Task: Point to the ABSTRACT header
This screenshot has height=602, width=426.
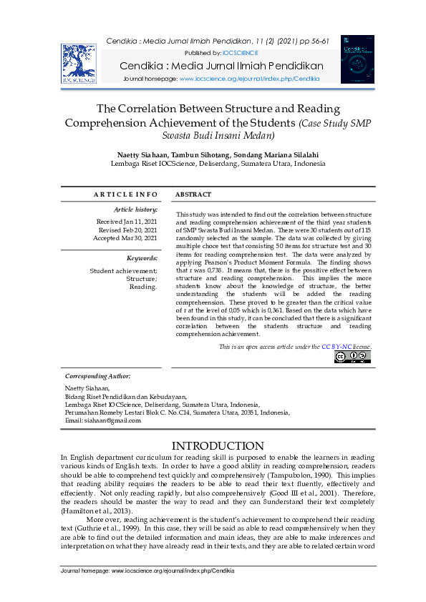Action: (x=193, y=194)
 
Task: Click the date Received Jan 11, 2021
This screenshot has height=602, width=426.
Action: (x=127, y=222)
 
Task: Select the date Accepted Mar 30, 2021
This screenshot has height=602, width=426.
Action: (x=125, y=239)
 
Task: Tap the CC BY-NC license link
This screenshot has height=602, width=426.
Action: (x=337, y=347)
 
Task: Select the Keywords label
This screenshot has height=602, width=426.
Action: (x=142, y=257)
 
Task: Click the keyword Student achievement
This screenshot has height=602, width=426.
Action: (x=122, y=271)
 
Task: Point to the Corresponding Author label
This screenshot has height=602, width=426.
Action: (x=98, y=375)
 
